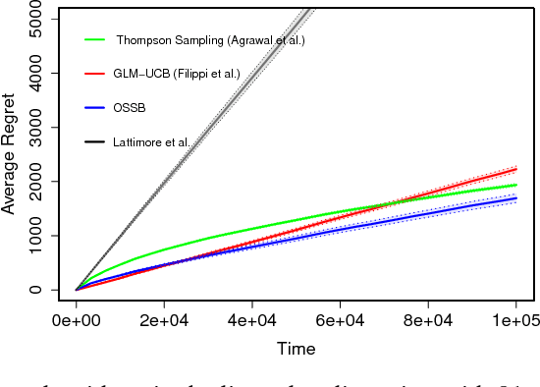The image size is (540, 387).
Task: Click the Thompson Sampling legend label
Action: [210, 40]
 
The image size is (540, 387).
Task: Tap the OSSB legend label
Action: [130, 109]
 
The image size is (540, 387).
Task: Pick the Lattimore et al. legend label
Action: [151, 143]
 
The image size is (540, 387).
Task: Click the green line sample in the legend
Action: [95, 40]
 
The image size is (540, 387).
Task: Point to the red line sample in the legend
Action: [95, 75]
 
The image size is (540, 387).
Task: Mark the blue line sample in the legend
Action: [95, 109]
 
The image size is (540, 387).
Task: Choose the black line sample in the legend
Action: [95, 143]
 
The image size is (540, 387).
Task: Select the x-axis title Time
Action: [296, 349]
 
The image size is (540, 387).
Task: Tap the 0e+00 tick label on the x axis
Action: [77, 321]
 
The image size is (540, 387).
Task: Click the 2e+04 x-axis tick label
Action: [164, 321]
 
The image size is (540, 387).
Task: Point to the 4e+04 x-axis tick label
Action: [252, 321]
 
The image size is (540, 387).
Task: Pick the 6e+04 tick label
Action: [341, 321]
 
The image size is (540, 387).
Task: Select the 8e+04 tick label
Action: [428, 321]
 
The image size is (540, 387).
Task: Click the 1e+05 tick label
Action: [516, 321]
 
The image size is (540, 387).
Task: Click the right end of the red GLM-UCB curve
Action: [516, 169]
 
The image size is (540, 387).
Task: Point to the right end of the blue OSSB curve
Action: [516, 198]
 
